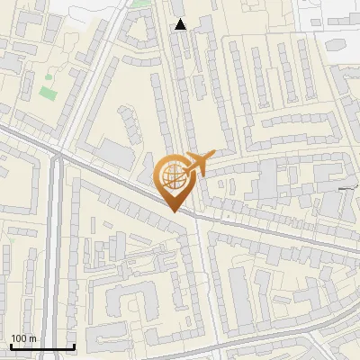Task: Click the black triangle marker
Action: click(x=181, y=24)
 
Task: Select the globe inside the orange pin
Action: click(x=172, y=175)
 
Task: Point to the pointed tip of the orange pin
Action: click(x=173, y=211)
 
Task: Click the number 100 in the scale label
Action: click(x=20, y=338)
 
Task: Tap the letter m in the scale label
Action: click(x=33, y=338)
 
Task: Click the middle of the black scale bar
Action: click(x=42, y=347)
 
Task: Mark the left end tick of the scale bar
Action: click(x=11, y=346)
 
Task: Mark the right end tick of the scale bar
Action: click(x=74, y=346)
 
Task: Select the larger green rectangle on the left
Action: click(x=48, y=92)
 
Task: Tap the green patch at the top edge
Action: click(x=141, y=3)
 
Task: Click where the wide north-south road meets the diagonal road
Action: click(x=57, y=155)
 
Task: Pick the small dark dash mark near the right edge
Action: click(x=348, y=187)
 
